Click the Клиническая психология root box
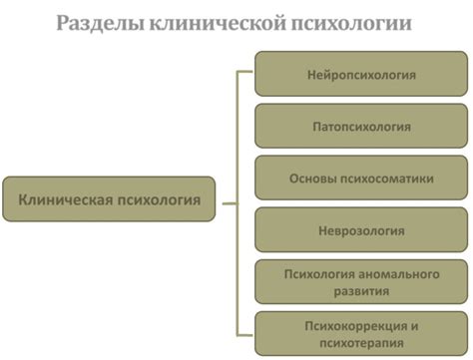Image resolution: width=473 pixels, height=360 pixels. pyautogui.click(x=110, y=199)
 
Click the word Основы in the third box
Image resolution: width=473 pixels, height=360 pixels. pyautogui.click(x=310, y=179)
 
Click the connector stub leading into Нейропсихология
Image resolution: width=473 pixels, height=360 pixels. pyautogui.click(x=246, y=73)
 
